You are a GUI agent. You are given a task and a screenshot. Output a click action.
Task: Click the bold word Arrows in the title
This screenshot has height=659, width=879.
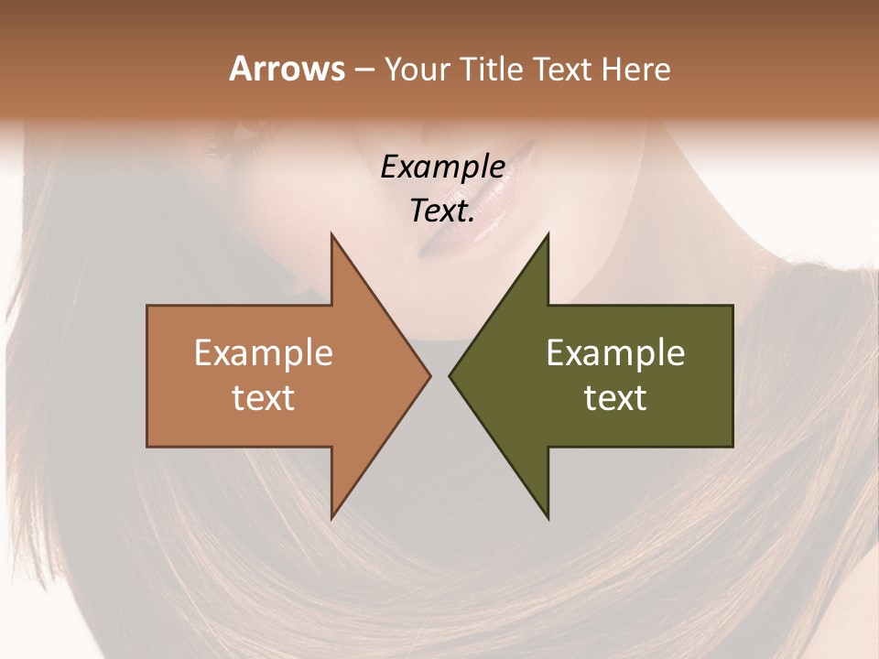pos(287,69)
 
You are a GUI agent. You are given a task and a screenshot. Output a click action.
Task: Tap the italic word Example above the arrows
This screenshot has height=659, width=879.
pos(442,167)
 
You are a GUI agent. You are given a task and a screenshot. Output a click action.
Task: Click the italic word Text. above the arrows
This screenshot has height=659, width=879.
pos(442,211)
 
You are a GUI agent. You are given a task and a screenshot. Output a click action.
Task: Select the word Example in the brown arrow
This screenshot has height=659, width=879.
pos(264,353)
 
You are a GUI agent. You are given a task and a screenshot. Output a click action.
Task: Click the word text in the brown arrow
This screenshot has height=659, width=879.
pos(264,398)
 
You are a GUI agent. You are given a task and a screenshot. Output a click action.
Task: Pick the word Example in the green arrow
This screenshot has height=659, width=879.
pos(615,353)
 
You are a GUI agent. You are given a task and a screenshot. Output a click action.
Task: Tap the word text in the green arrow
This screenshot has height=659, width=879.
pos(615,398)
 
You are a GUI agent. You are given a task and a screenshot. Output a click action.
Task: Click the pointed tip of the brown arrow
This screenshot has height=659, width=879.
pos(429,375)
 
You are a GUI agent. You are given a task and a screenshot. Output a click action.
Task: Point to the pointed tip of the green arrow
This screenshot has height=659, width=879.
pos(450,375)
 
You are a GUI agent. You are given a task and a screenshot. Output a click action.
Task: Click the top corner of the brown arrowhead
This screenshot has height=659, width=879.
pos(332,235)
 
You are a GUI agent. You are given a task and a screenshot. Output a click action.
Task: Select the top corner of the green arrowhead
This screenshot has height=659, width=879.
pos(548,235)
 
